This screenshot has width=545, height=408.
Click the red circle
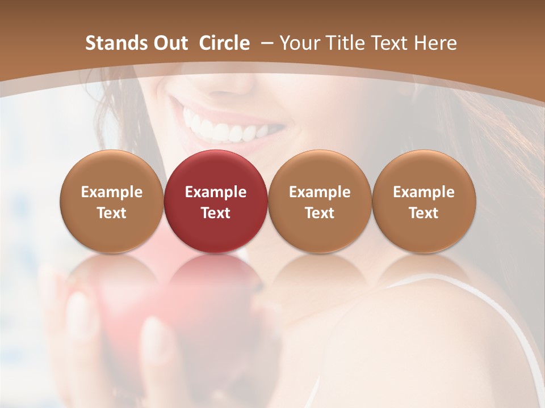click(215, 201)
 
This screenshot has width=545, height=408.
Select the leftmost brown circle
click(111, 201)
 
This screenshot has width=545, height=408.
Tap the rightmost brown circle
click(424, 201)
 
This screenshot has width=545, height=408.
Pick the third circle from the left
click(320, 201)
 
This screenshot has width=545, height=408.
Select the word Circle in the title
click(224, 43)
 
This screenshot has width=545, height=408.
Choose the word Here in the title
click(435, 43)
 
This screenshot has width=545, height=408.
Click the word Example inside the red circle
click(215, 192)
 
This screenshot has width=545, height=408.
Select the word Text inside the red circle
click(215, 213)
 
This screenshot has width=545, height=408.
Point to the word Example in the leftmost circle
click(111, 192)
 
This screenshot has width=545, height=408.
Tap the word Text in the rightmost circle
click(424, 213)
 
